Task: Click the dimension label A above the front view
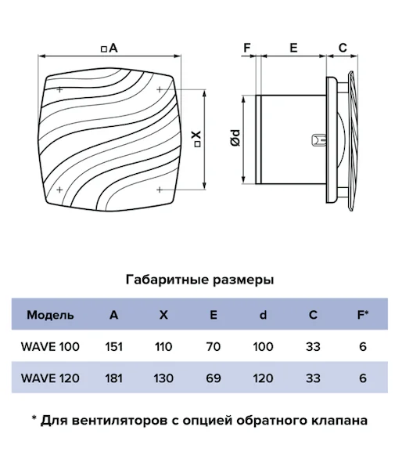click(x=109, y=48)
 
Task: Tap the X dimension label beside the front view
click(x=197, y=138)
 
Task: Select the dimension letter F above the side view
click(x=247, y=48)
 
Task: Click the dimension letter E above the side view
click(x=293, y=48)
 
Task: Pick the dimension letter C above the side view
click(x=343, y=48)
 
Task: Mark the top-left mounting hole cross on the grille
click(x=59, y=89)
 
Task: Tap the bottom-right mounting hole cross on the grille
click(x=160, y=190)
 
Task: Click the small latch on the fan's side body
click(x=319, y=140)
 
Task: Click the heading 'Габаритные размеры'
click(x=200, y=280)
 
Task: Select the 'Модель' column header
click(x=50, y=315)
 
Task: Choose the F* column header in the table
click(x=363, y=315)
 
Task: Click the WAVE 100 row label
click(x=50, y=346)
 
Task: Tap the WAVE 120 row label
click(x=50, y=378)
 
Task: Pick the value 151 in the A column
click(x=113, y=346)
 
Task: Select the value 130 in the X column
click(x=163, y=378)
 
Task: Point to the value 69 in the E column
click(x=214, y=378)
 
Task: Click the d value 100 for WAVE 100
click(x=263, y=346)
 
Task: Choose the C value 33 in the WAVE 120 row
click(x=313, y=378)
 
